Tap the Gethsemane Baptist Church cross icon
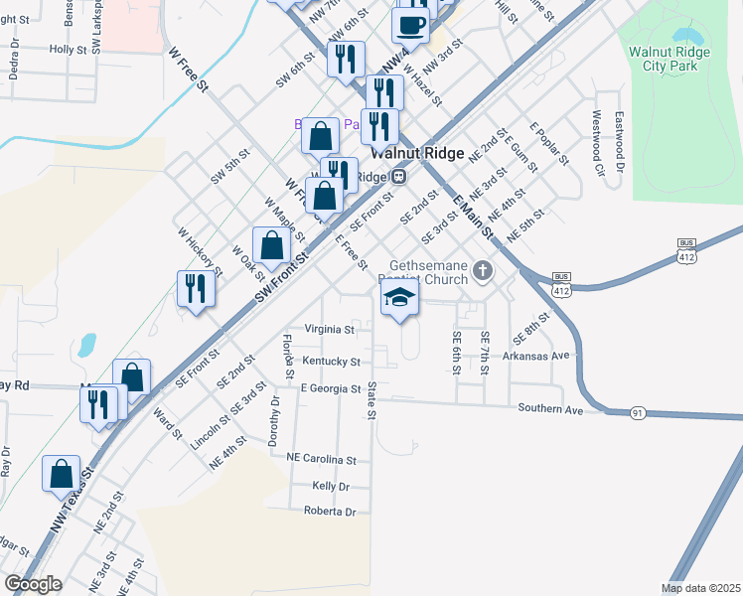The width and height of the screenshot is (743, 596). point(483,271)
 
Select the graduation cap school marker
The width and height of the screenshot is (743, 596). point(399,297)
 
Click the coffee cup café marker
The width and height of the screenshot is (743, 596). point(411,25)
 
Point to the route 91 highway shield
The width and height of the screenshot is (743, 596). point(638,412)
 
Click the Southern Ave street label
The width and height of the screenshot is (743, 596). point(548,408)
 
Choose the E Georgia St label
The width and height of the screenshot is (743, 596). point(330,389)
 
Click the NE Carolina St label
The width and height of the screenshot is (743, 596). point(321,460)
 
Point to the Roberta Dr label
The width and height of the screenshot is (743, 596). point(329,512)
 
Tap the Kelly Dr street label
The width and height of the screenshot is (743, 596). point(331,486)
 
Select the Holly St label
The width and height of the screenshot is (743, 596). point(69,49)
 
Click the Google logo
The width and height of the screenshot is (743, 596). point(33,584)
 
